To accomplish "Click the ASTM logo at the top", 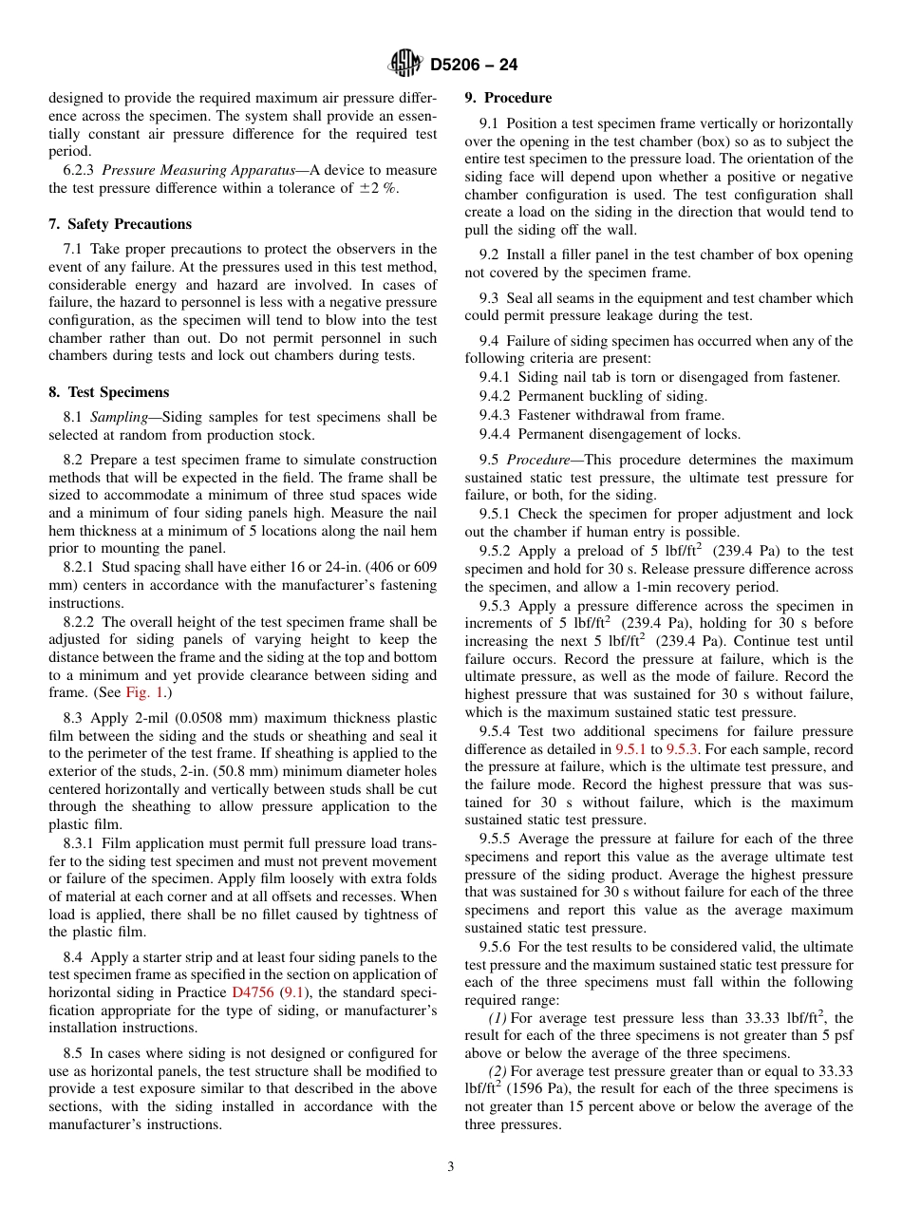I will click(x=405, y=65).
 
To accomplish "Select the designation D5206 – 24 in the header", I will click(x=474, y=66).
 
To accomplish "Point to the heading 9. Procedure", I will click(x=508, y=98).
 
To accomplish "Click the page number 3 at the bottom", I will click(x=451, y=1167).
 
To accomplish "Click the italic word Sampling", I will click(x=118, y=417).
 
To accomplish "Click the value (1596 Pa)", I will click(x=524, y=1088).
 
